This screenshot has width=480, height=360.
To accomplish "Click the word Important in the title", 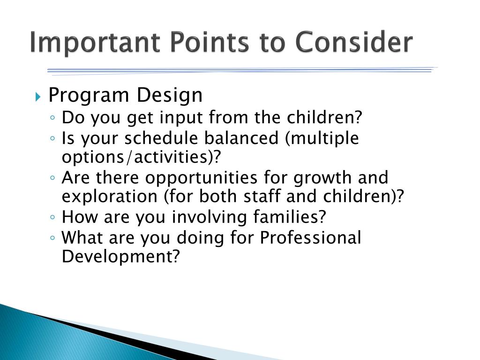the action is click(95, 43).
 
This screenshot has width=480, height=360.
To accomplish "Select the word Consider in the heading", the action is click(354, 42).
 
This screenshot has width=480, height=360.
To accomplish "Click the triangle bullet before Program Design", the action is click(38, 97).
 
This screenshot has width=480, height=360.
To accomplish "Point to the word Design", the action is click(170, 96).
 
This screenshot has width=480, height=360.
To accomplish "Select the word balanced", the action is click(241, 138).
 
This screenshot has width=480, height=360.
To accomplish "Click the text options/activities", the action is click(141, 157).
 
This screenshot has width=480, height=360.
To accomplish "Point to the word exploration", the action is click(110, 196).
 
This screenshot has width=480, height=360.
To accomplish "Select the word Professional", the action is click(310, 238).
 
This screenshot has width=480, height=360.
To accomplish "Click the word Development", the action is click(120, 256).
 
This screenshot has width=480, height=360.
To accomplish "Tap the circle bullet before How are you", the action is click(52, 217).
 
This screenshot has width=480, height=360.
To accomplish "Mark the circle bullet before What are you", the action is click(52, 238).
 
